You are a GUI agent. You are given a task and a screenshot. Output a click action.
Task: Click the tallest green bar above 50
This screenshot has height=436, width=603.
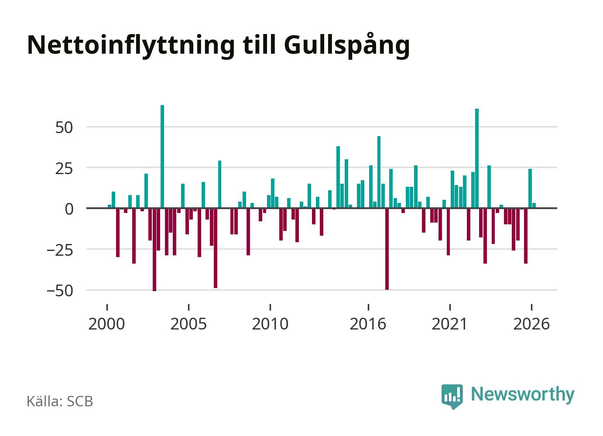162,157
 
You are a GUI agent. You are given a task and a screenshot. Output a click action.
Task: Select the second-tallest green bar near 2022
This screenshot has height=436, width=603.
477,158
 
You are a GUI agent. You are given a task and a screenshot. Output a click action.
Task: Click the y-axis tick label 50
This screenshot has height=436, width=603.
64,127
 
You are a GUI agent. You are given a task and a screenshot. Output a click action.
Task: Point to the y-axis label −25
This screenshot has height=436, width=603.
60,251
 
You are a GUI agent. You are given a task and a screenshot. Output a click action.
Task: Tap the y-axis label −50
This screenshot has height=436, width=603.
60,291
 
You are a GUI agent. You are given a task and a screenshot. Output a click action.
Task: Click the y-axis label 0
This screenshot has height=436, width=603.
69,209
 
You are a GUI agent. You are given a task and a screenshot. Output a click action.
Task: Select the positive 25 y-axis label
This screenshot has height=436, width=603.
64,169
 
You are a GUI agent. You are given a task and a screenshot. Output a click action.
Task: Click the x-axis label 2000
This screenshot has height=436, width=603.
106,324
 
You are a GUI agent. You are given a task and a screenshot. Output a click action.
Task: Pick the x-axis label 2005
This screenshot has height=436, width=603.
188,324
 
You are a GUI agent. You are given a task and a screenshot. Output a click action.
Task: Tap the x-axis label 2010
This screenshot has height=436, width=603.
270,324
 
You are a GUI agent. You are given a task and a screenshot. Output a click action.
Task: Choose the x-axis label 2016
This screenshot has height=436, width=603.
368,324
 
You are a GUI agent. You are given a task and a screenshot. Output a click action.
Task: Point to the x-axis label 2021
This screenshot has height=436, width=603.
449,324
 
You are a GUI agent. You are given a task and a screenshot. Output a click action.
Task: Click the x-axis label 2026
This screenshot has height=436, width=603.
531,324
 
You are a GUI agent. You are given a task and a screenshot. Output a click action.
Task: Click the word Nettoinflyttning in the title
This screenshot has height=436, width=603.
131,45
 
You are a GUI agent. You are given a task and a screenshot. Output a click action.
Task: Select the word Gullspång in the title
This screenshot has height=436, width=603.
347,46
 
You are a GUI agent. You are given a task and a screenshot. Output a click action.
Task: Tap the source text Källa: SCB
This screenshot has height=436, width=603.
60,401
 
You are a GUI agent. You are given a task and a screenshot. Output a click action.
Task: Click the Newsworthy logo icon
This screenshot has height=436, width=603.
452,396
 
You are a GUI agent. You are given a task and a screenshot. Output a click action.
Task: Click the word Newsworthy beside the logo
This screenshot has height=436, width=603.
523,395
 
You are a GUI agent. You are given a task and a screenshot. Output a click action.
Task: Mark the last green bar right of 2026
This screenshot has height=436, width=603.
534,206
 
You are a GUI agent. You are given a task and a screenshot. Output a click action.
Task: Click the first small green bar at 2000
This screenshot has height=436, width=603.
109,206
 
